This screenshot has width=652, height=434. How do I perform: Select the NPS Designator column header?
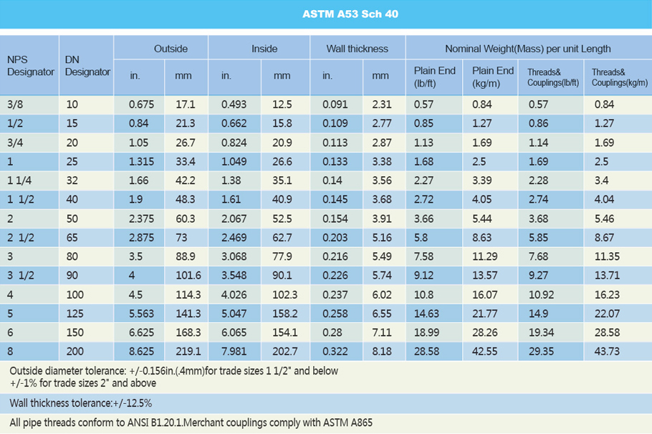pos(30,66)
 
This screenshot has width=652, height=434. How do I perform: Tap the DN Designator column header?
pos(87,66)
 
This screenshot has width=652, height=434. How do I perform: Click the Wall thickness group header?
pos(357,49)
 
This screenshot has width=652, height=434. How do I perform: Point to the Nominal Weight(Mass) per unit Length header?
pos(527,49)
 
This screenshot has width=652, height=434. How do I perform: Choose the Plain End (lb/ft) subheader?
pos(435,76)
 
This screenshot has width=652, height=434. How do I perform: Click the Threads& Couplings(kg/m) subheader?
pos(619,77)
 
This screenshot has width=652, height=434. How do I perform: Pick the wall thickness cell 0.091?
pos(335,104)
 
